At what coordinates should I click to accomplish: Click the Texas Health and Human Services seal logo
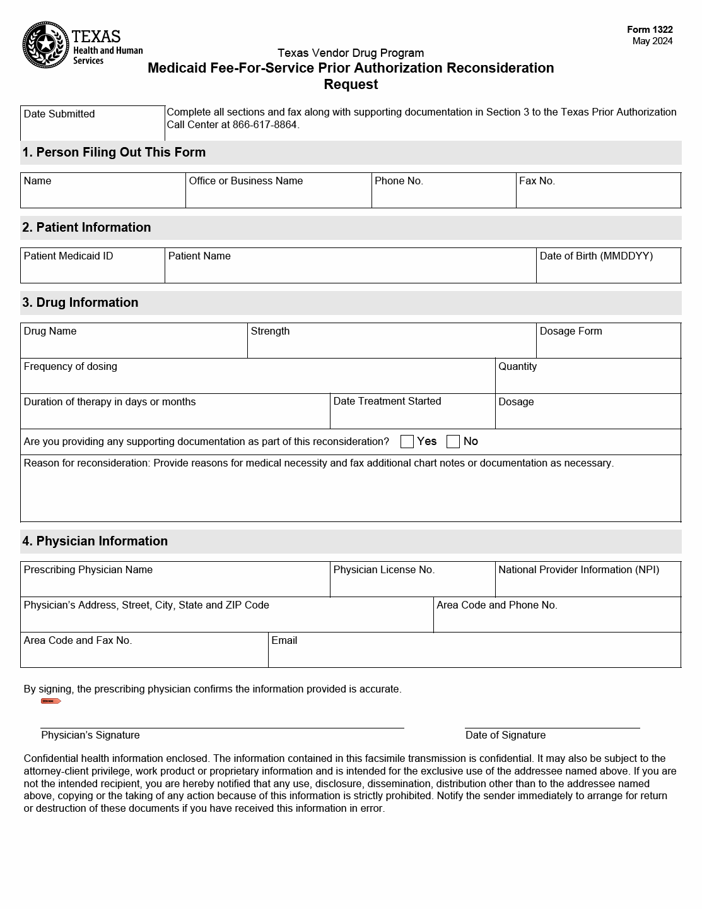45,45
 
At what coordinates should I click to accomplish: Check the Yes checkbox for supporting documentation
407,442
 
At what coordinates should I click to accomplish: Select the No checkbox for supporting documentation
453,442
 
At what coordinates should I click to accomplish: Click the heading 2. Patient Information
87,228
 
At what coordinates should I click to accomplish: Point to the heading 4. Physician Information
95,542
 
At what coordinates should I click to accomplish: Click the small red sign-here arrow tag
50,701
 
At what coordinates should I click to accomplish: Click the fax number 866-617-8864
264,125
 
